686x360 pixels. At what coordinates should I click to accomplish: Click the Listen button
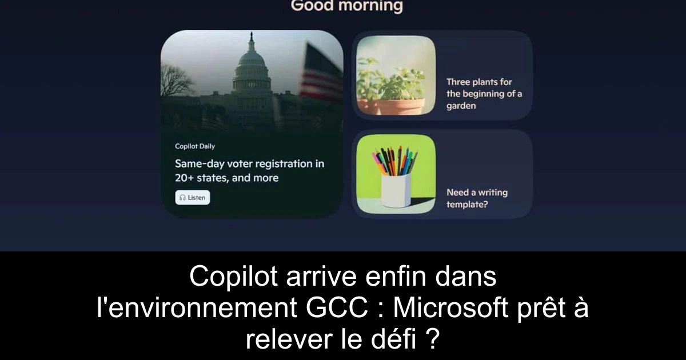click(193, 198)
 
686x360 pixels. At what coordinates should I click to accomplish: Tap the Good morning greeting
click(346, 6)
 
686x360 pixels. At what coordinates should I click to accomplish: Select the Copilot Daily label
click(195, 146)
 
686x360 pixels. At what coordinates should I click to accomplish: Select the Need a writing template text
click(477, 198)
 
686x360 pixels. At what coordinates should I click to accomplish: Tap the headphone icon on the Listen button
click(182, 198)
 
